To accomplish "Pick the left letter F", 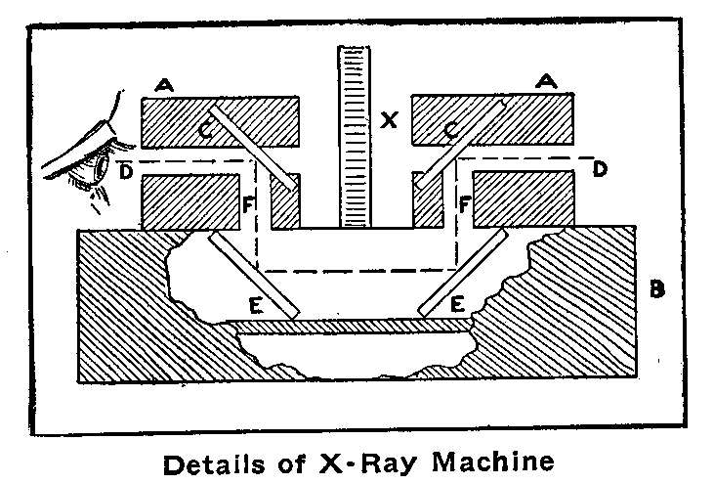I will point(249,206).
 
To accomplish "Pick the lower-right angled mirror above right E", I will point(465,274).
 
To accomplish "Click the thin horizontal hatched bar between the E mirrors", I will point(357,324).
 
